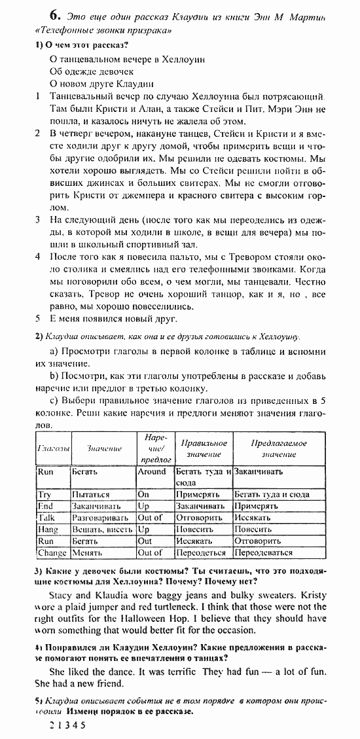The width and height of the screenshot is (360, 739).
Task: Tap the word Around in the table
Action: [152, 471]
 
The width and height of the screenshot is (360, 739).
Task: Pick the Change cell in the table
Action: [52, 552]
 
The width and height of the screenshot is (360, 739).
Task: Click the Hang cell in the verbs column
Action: [48, 529]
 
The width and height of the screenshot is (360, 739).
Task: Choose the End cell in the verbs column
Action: [45, 506]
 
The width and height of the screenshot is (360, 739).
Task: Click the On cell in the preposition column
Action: [144, 495]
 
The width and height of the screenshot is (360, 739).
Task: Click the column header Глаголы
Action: [53, 448]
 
